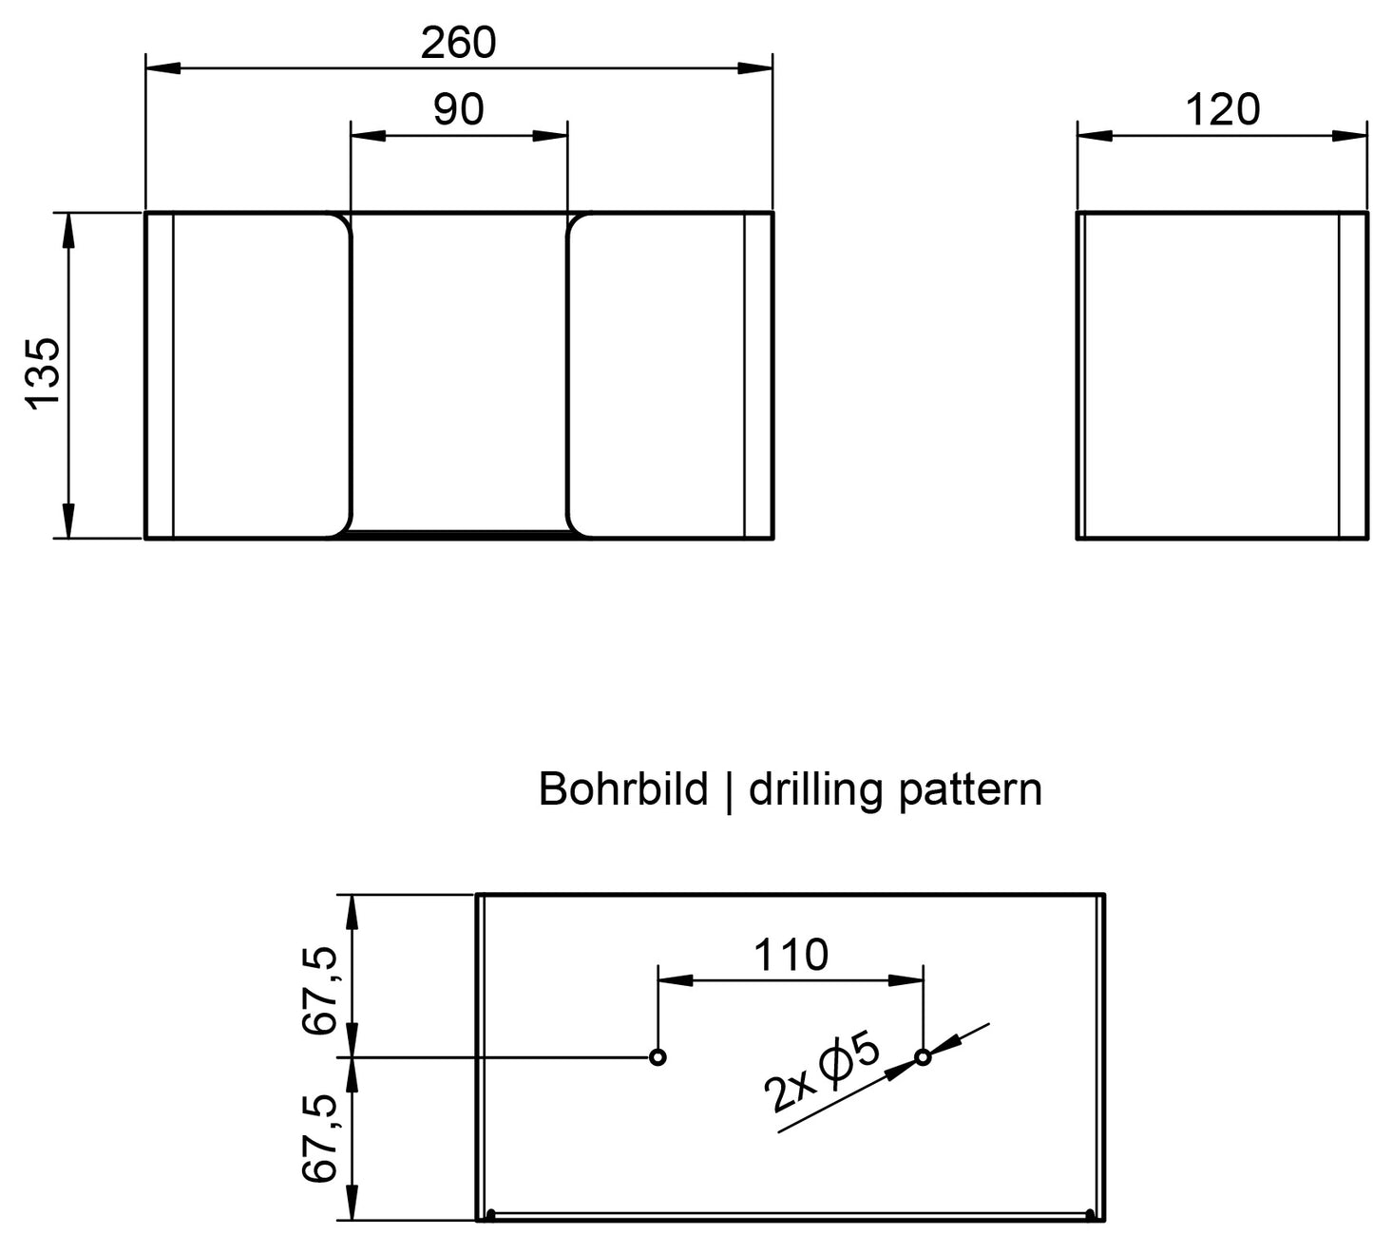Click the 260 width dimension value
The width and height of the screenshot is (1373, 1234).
pyautogui.click(x=458, y=43)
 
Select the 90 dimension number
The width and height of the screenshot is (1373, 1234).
pyautogui.click(x=459, y=109)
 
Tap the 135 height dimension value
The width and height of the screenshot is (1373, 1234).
pyautogui.click(x=43, y=373)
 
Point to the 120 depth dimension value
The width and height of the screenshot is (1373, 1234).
pyautogui.click(x=1222, y=109)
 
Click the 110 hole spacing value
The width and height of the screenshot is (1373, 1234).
pyautogui.click(x=791, y=955)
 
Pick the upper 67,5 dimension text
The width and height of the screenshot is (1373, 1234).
pyautogui.click(x=319, y=991)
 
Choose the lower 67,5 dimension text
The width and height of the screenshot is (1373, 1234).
pyautogui.click(x=319, y=1139)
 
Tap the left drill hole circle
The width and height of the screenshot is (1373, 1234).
pyautogui.click(x=658, y=1057)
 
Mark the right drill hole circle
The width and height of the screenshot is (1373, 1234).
pyautogui.click(x=923, y=1057)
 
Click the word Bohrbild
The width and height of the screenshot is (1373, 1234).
pyautogui.click(x=623, y=789)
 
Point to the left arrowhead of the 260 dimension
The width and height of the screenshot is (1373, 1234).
pyautogui.click(x=162, y=68)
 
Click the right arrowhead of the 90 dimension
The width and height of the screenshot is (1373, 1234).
pyautogui.click(x=549, y=136)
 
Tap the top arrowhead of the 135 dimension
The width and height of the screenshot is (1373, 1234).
pyautogui.click(x=68, y=230)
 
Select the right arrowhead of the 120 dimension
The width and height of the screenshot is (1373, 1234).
pyautogui.click(x=1349, y=136)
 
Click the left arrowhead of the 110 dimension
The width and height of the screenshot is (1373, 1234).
pyautogui.click(x=675, y=980)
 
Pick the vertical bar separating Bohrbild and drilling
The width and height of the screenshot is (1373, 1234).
pyautogui.click(x=728, y=791)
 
